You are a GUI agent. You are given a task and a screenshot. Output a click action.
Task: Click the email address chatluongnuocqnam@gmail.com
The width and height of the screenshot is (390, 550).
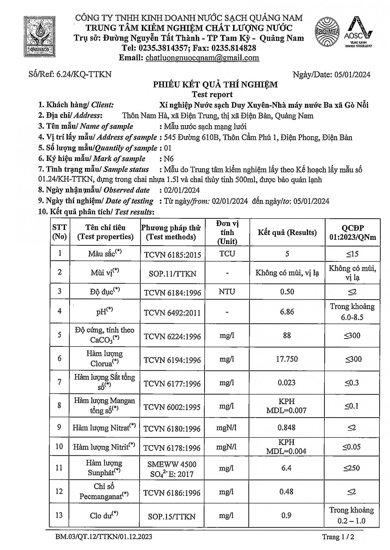point(202,58)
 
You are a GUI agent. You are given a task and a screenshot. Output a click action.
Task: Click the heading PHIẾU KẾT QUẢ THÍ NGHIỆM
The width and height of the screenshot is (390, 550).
point(215,85)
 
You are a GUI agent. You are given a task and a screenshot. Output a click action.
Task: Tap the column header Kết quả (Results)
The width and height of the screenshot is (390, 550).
point(287,232)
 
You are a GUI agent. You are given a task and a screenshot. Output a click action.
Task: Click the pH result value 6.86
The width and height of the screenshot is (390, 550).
point(287,312)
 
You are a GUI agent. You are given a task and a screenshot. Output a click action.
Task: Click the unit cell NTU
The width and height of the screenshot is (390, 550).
point(227,292)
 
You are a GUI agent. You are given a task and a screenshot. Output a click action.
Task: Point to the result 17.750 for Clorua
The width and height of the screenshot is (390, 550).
point(287,359)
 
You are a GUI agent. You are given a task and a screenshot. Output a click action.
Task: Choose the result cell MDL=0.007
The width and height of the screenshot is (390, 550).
point(286,410)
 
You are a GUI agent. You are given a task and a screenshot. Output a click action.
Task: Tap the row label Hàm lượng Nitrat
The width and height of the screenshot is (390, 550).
point(104,428)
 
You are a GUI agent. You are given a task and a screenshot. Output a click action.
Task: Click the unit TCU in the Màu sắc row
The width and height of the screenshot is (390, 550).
point(227,254)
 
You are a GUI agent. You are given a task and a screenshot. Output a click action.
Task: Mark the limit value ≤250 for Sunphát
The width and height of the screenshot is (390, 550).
point(352,468)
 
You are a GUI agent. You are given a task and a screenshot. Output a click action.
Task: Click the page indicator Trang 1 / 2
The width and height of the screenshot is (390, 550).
point(338,537)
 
